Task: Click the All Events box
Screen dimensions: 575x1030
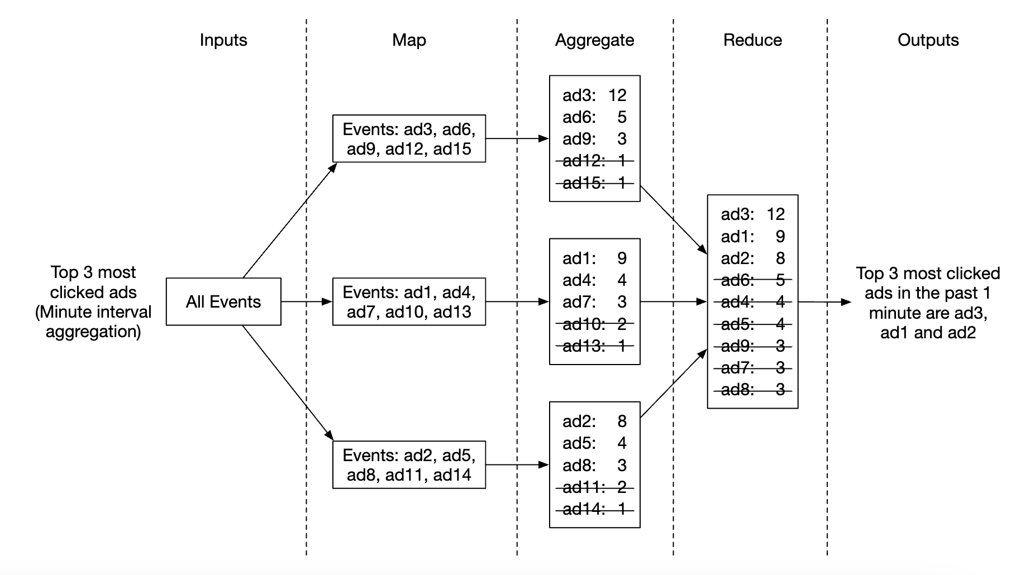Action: [223, 301]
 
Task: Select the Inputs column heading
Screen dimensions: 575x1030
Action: [223, 40]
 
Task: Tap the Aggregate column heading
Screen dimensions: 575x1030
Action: [594, 40]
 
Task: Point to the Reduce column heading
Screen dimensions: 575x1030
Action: [752, 40]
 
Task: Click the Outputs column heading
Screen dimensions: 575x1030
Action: [928, 40]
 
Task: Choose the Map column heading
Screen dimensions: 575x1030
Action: [409, 40]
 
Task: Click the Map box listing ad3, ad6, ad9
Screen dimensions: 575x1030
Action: [409, 139]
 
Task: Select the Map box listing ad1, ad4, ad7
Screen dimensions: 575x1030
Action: [409, 302]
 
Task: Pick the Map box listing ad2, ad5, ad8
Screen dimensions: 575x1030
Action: [409, 465]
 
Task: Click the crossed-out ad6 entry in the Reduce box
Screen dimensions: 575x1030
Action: [752, 280]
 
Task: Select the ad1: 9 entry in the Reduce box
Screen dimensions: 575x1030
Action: [752, 237]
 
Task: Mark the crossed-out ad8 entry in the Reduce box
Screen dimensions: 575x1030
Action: [752, 390]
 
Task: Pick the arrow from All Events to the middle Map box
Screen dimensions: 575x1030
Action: [307, 302]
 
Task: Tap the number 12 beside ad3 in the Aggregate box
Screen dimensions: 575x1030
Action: [617, 95]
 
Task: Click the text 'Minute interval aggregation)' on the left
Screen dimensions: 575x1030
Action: [93, 322]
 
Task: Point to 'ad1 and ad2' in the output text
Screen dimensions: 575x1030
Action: [928, 333]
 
